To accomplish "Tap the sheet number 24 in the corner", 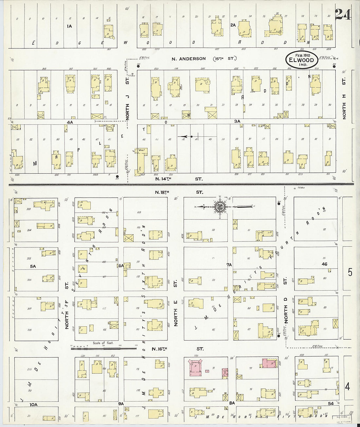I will tap(342, 15).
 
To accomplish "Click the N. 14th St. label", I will tap(179, 179).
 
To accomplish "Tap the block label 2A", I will tap(233, 25).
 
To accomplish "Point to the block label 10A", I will tap(33, 405).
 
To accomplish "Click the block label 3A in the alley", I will tap(238, 121).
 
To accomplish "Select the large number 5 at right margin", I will tap(350, 272).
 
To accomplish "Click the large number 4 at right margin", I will tap(348, 387).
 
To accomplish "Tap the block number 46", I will tap(324, 264).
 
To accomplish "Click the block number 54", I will tap(331, 403).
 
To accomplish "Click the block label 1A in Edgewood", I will tap(69, 26).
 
